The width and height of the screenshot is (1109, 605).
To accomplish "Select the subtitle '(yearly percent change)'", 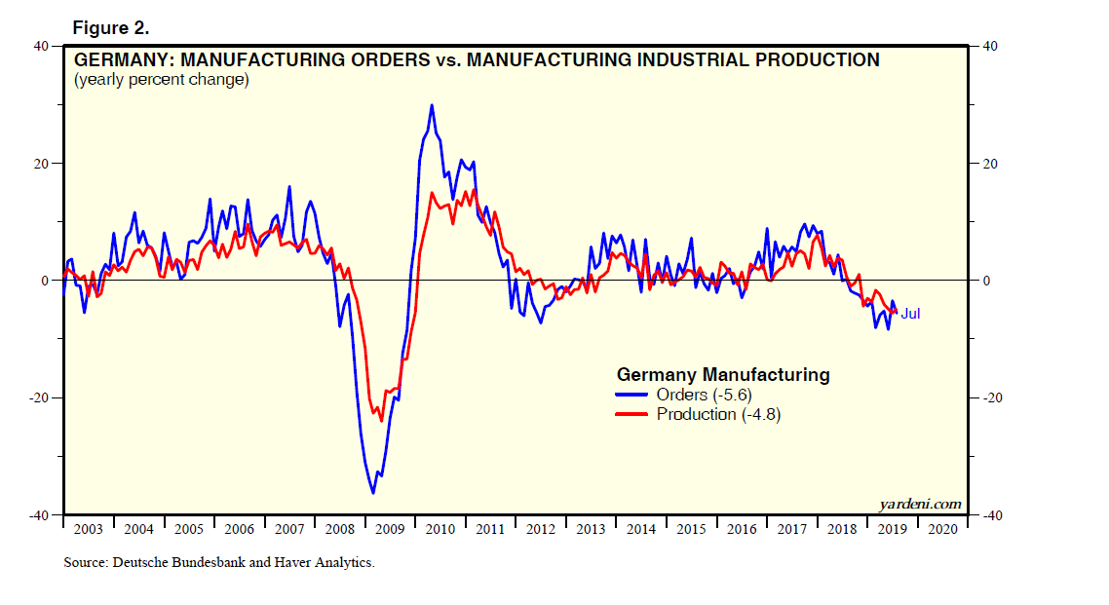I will (x=162, y=80).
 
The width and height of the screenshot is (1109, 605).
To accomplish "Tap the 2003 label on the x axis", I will (x=89, y=529).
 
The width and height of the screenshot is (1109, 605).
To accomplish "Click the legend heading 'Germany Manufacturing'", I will (x=723, y=374).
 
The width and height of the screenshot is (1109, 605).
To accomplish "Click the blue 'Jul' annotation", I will (x=910, y=314).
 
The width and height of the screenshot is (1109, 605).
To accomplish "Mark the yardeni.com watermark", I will (x=920, y=504).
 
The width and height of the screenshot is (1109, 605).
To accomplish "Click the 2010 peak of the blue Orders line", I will (x=432, y=105).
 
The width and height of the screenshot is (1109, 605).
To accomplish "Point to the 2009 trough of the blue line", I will (x=373, y=493).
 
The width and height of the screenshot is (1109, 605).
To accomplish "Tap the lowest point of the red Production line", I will (x=381, y=421).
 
